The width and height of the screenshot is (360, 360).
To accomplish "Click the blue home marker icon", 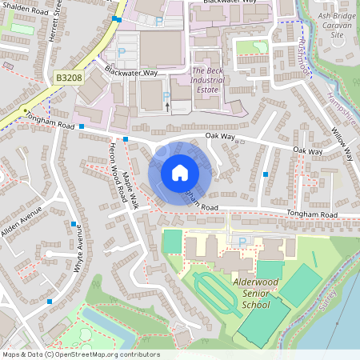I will coord(179,173).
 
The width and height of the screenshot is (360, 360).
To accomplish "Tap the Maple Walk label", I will coord(128,191).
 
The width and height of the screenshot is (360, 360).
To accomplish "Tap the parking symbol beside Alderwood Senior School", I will coord(242,241).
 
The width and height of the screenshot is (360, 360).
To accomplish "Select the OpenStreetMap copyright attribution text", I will coord(80,354).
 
